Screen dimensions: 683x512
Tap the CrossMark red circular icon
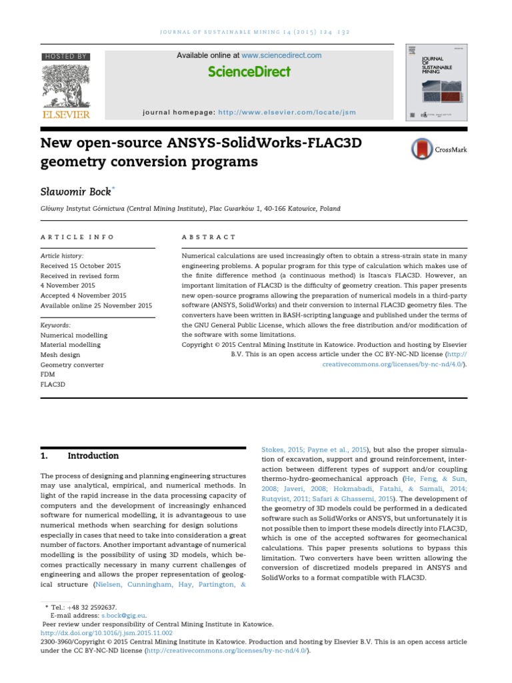421,149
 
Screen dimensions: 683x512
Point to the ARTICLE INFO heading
77,237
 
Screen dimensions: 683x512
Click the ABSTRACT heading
209,237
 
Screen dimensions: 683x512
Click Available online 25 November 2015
96,305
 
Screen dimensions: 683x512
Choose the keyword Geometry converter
72,365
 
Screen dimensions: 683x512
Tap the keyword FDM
49,375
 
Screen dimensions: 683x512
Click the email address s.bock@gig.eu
123,616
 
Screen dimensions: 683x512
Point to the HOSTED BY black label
65,57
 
